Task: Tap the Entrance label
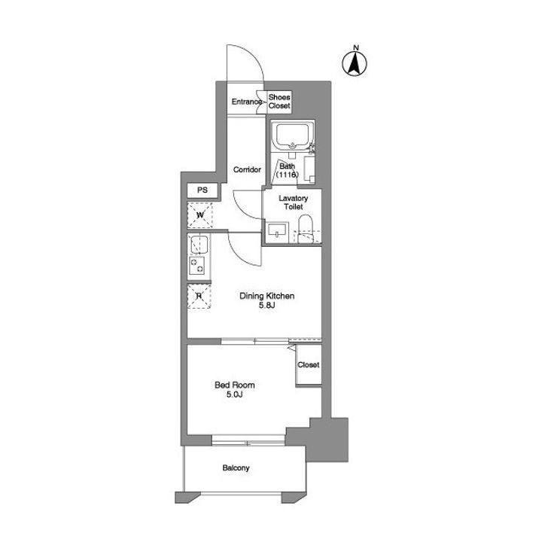tap(246, 102)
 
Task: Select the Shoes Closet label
tap(279, 102)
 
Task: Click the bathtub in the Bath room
tap(292, 135)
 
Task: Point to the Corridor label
tap(247, 169)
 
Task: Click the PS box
tap(202, 190)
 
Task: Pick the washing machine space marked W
tap(199, 215)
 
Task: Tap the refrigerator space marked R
tap(199, 296)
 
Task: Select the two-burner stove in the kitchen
tap(196, 266)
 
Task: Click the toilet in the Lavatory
tap(305, 229)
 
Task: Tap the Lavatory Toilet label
tap(293, 202)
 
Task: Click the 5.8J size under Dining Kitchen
tap(266, 305)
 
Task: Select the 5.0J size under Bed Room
tap(234, 394)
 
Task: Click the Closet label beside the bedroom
tap(309, 364)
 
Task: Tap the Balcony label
tap(236, 468)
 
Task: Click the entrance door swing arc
tap(245, 63)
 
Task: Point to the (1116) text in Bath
tap(287, 175)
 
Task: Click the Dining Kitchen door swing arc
tap(245, 249)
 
